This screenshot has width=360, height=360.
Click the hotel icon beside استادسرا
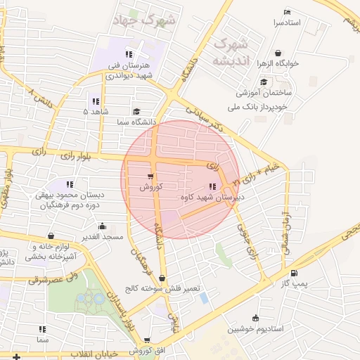click(x=286, y=13)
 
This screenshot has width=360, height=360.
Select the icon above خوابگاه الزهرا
click(x=278, y=53)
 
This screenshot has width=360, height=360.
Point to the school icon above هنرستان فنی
click(x=128, y=54)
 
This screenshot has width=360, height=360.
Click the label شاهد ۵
click(x=95, y=112)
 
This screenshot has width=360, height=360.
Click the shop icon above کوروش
click(x=150, y=176)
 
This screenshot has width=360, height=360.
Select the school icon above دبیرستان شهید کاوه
click(x=212, y=186)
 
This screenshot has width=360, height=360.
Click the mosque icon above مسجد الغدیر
click(x=103, y=226)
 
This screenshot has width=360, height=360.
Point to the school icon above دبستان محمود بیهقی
click(x=69, y=184)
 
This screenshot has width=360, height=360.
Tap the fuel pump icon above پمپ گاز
click(x=293, y=274)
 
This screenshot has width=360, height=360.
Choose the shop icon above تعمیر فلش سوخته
click(x=163, y=278)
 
